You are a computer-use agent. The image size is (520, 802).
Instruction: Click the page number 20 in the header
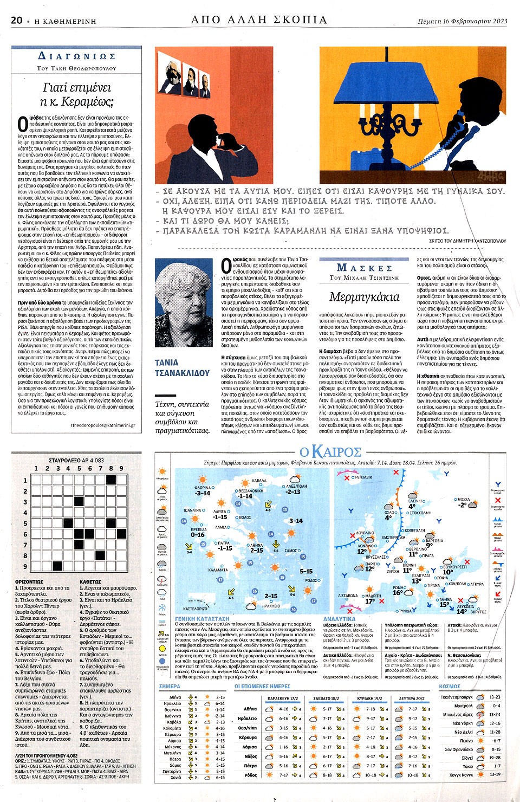click(x=16, y=20)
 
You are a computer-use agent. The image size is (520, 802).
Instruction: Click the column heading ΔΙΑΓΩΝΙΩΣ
click(x=77, y=56)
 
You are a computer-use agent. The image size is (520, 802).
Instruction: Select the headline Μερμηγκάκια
click(x=364, y=297)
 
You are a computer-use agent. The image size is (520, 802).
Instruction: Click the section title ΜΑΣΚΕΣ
click(x=364, y=268)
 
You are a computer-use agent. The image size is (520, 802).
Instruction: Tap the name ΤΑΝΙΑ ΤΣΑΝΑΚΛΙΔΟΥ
click(x=182, y=367)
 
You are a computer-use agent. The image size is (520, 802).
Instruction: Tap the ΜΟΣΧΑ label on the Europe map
click(x=463, y=499)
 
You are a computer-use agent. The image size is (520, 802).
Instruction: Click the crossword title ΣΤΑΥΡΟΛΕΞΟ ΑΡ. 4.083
click(x=76, y=460)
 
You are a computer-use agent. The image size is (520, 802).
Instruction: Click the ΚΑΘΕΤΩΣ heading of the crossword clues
click(x=90, y=581)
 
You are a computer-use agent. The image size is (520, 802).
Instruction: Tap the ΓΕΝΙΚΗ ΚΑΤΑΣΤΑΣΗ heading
click(x=202, y=618)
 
